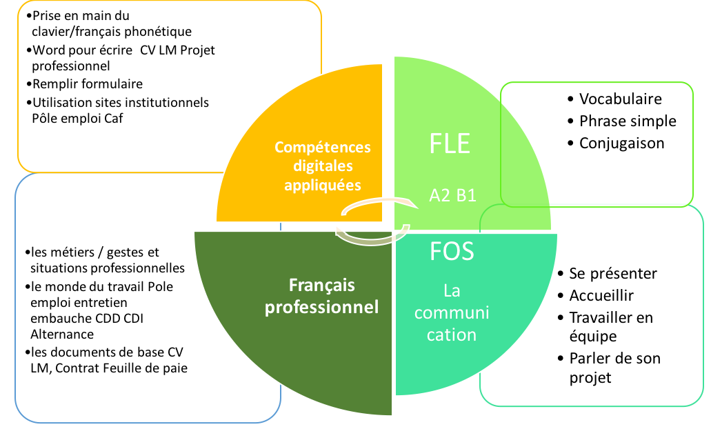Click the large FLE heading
(450, 143)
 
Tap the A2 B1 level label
(452, 195)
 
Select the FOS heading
(452, 251)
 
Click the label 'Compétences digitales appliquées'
(323, 166)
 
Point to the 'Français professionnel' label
(322, 296)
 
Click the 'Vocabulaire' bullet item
(620, 99)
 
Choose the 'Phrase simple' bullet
(628, 121)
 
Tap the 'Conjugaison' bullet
(621, 143)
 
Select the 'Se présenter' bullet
(613, 273)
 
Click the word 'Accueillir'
(601, 295)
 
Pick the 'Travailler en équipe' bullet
(610, 327)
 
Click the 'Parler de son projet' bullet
(614, 368)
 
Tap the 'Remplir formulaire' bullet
(88, 84)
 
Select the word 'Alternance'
(63, 334)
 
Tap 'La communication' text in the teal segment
(452, 312)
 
